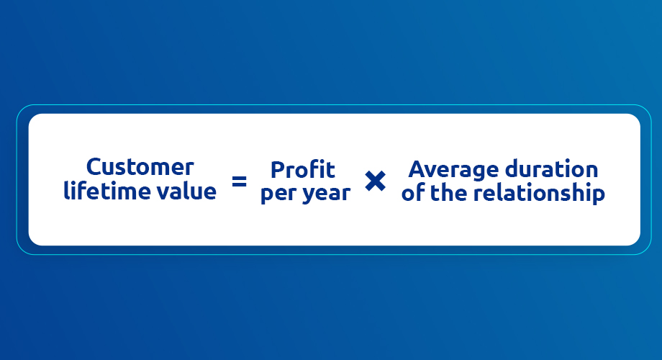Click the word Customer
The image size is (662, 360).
[x=140, y=167]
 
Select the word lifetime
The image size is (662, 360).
[x=106, y=191]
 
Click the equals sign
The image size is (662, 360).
[x=240, y=181]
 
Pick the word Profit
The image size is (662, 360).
[x=303, y=170]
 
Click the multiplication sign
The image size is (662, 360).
[x=376, y=181]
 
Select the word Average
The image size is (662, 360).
[x=454, y=171]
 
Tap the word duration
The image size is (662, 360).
[x=552, y=169]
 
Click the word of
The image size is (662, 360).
[x=413, y=193]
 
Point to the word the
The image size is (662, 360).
[x=448, y=193]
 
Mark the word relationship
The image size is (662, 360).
[x=539, y=194]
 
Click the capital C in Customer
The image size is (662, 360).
[x=94, y=167]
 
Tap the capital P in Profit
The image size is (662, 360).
[x=278, y=170]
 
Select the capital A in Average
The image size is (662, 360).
[x=417, y=169]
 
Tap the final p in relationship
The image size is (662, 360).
[x=598, y=196]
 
